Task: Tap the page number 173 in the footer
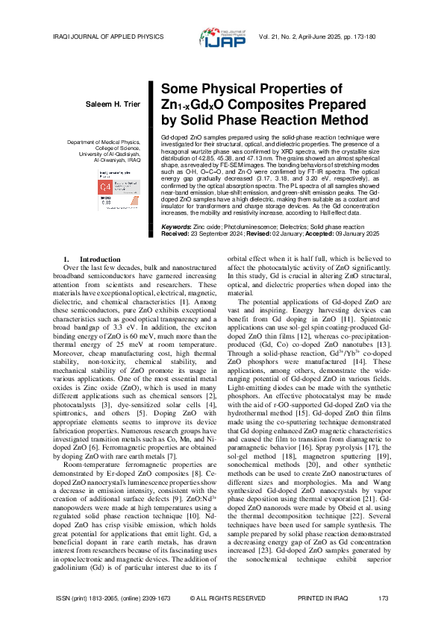click(384, 599)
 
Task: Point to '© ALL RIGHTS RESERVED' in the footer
click(222, 599)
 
